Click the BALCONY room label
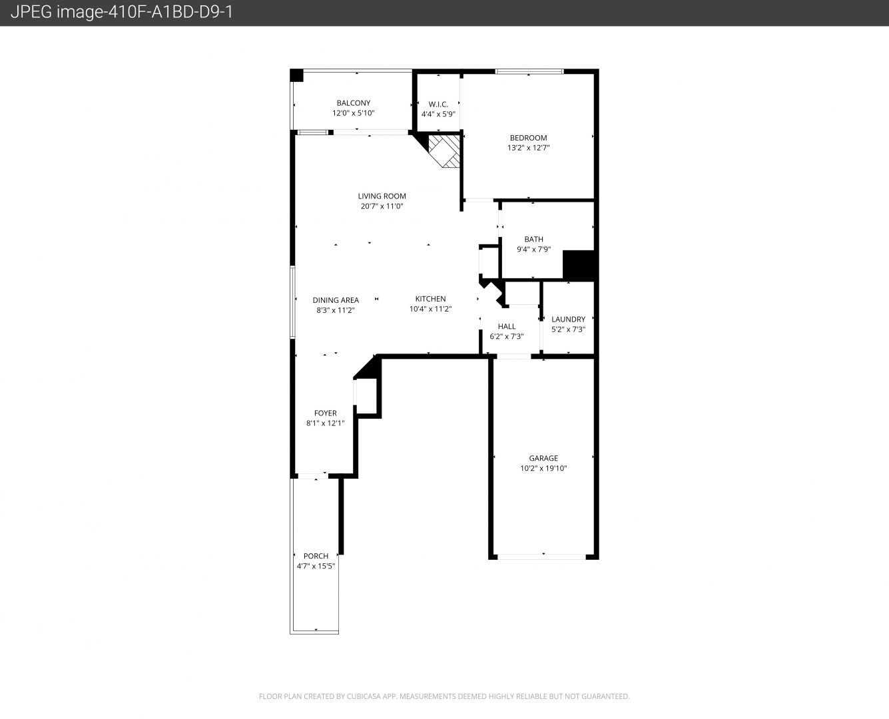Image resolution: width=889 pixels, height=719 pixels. [354, 103]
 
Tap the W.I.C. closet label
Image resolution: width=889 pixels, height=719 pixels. [438, 105]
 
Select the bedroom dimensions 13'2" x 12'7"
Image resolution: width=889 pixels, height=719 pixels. [528, 147]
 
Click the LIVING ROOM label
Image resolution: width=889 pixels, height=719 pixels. [382, 196]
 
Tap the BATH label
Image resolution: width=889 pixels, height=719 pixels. [534, 239]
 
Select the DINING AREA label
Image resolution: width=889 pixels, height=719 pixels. [336, 300]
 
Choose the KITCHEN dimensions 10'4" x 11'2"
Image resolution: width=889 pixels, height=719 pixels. [430, 309]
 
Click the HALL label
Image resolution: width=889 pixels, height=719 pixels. [507, 326]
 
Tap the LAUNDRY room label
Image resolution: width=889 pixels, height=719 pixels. [568, 320]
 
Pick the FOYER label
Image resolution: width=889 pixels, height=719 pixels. [325, 413]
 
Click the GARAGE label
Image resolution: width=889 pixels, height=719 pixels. [543, 458]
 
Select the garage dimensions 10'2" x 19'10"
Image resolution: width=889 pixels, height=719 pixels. [543, 468]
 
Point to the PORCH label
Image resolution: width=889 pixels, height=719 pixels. [316, 556]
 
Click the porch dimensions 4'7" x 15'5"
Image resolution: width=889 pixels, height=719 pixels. [316, 566]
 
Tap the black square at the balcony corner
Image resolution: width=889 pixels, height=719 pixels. [296, 75]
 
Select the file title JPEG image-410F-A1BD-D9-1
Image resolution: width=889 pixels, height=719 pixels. [121, 12]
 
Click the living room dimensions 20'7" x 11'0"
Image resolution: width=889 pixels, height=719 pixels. [382, 206]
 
